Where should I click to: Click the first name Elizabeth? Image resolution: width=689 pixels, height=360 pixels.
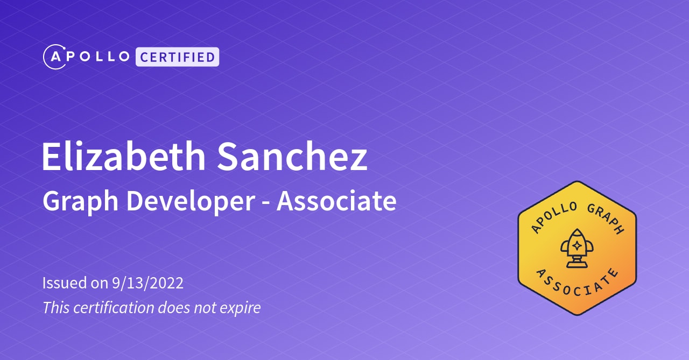pos(123,157)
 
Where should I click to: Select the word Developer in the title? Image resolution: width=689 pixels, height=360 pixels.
pos(191,202)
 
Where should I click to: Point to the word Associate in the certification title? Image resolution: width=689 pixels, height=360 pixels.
pos(336,201)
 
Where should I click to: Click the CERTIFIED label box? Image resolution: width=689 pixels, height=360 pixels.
pos(178,57)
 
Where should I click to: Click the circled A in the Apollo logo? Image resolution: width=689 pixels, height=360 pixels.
pos(54,57)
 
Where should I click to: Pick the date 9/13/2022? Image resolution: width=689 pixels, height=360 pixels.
pos(148,283)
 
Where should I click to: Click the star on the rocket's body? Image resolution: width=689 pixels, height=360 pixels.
pos(576,245)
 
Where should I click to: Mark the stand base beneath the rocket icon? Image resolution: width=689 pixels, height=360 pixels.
pos(576,264)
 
